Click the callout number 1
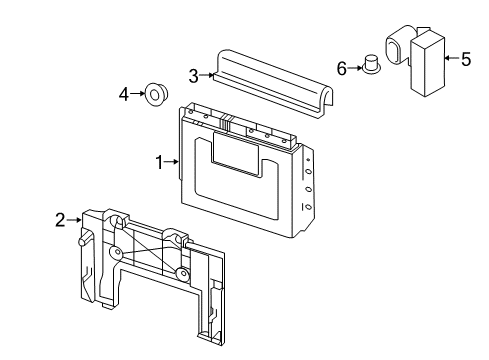pyautogui.click(x=160, y=162)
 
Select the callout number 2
pyautogui.click(x=60, y=220)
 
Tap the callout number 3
pyautogui.click(x=194, y=76)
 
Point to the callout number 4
pyautogui.click(x=124, y=94)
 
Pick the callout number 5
pyautogui.click(x=466, y=59)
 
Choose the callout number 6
pyautogui.click(x=342, y=69)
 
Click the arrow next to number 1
pyautogui.click(x=172, y=162)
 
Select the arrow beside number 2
pyautogui.click(x=74, y=220)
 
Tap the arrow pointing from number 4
pyautogui.click(x=138, y=94)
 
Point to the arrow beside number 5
pyautogui.click(x=452, y=58)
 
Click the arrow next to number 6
pyautogui.click(x=355, y=68)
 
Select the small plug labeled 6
pyautogui.click(x=371, y=65)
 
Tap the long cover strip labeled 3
pyautogui.click(x=273, y=83)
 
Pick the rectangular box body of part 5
pyautogui.click(x=428, y=65)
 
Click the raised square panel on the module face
pyautogui.click(x=235, y=153)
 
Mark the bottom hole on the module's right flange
pyautogui.click(x=309, y=207)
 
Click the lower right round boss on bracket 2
pyautogui.click(x=183, y=274)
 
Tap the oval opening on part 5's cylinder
pyautogui.click(x=393, y=50)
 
